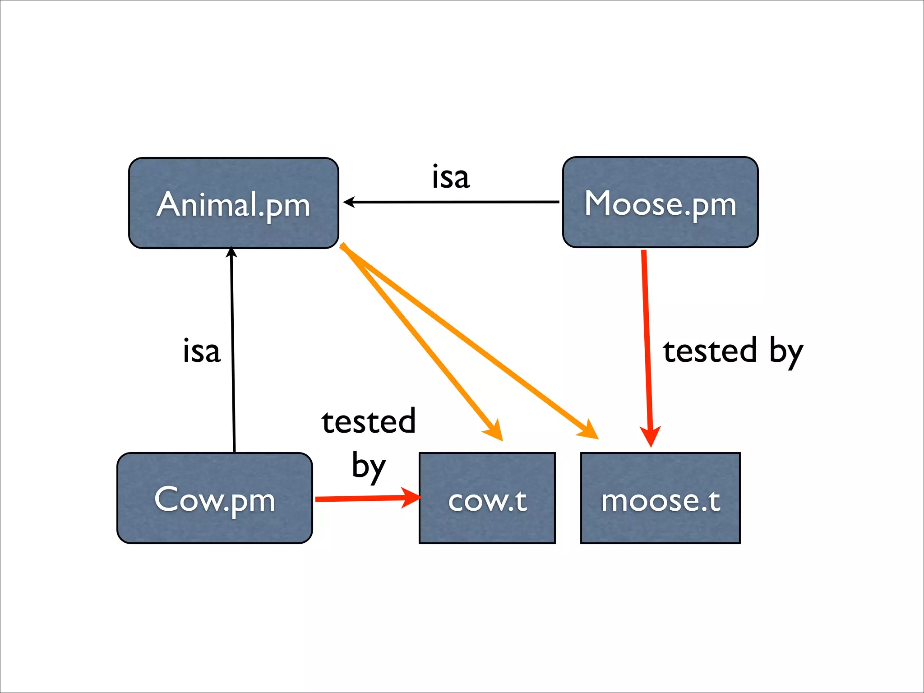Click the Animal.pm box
[233, 203]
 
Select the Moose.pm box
[660, 202]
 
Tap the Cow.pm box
[214, 498]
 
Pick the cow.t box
[487, 498]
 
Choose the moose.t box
[660, 498]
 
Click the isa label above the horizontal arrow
[450, 177]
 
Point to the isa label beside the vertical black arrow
[201, 351]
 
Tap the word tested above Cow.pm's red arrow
[368, 421]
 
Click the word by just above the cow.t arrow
[368, 466]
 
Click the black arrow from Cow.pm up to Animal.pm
[233, 352]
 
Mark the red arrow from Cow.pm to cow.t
[361, 499]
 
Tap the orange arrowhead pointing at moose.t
[589, 431]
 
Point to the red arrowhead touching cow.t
[411, 498]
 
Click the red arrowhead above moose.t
[650, 436]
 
